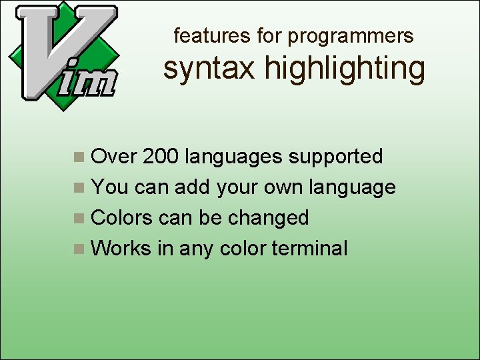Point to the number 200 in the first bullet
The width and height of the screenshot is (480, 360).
161,157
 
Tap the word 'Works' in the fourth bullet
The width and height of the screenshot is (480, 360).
121,249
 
